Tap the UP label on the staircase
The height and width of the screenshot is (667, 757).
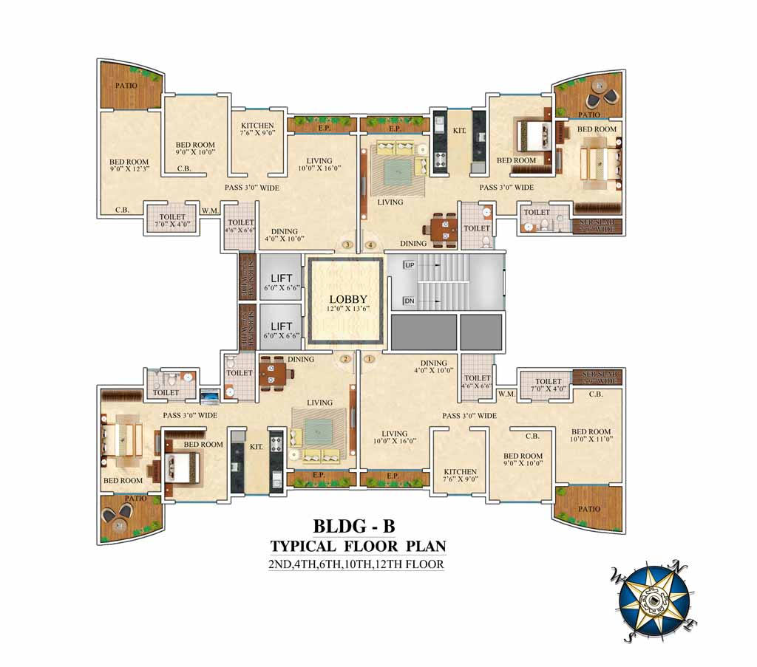pyautogui.click(x=410, y=265)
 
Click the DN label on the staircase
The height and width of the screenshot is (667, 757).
pyautogui.click(x=409, y=301)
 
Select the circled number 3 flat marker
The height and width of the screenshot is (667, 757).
pyautogui.click(x=347, y=245)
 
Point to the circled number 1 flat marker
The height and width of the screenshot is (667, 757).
pyautogui.click(x=370, y=359)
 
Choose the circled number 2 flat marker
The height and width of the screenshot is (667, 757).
pyautogui.click(x=345, y=359)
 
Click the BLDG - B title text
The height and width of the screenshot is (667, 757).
pyautogui.click(x=354, y=526)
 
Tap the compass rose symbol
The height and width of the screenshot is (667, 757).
pyautogui.click(x=654, y=600)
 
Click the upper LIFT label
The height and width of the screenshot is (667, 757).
pyautogui.click(x=281, y=278)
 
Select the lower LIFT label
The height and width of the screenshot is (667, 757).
pyautogui.click(x=281, y=326)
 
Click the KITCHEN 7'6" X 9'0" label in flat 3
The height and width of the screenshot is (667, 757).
pyautogui.click(x=257, y=130)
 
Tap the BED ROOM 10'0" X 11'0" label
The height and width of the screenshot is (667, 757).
pyautogui.click(x=590, y=436)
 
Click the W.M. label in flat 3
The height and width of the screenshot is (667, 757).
pyautogui.click(x=210, y=212)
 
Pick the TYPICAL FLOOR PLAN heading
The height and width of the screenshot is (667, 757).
pyautogui.click(x=358, y=547)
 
